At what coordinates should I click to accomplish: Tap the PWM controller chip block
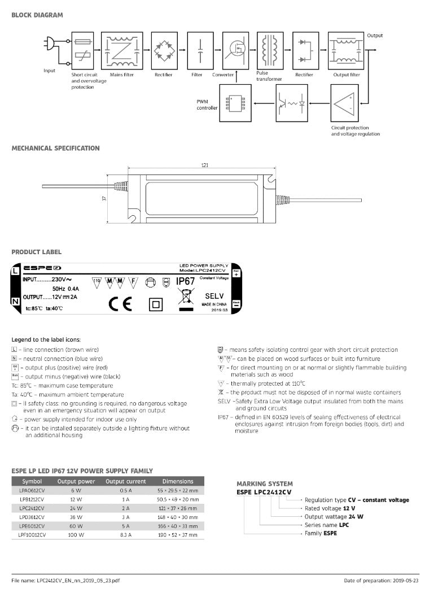coord(235,103)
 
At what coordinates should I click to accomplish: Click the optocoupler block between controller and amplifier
coord(291,103)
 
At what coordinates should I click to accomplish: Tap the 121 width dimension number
coord(204,165)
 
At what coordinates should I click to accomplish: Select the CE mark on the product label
coord(120,304)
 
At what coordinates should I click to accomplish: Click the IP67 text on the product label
coord(186,281)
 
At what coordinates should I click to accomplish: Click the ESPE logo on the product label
coord(43,268)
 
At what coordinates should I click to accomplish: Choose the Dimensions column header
coord(177,481)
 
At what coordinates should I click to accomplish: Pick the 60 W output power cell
coord(76,525)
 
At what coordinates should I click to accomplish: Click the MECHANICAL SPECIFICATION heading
coord(55,148)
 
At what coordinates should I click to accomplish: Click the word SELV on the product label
coord(214,296)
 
